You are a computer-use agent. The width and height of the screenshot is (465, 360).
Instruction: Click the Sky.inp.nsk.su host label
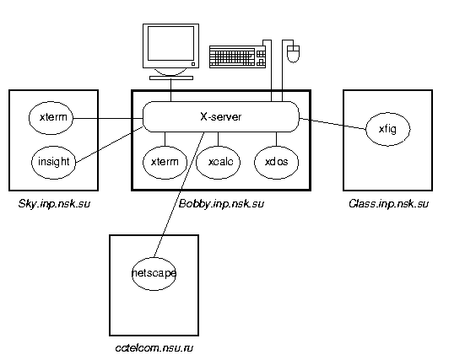tap(54, 204)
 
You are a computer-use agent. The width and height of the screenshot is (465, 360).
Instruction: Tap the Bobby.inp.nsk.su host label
tap(221, 204)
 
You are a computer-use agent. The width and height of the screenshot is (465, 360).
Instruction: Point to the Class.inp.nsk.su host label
tap(388, 204)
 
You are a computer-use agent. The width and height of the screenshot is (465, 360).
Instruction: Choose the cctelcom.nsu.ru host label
tap(154, 348)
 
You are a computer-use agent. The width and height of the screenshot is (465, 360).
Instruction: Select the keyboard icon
tap(237, 56)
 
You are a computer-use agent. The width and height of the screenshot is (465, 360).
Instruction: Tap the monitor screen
tap(170, 43)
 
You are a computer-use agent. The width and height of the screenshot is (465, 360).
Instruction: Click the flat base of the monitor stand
tap(171, 78)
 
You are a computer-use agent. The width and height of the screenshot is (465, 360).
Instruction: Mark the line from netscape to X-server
tap(179, 195)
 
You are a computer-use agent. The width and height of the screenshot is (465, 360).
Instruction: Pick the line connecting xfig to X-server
tap(333, 124)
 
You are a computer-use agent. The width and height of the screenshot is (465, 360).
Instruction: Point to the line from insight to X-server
tap(110, 145)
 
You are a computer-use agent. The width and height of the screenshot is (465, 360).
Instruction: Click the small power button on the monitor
tap(193, 64)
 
